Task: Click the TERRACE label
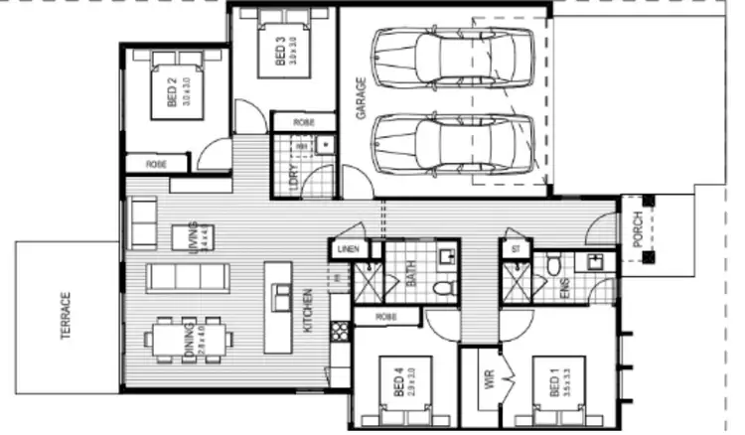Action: [x=66, y=317]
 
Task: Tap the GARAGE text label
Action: [x=362, y=98]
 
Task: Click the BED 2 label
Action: [x=172, y=93]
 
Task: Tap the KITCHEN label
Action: [x=308, y=313]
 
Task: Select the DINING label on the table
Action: [x=188, y=339]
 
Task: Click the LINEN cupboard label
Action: [x=347, y=249]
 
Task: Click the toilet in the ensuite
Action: [x=554, y=264]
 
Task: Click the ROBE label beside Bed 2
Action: [x=157, y=163]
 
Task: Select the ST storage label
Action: [x=514, y=249]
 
